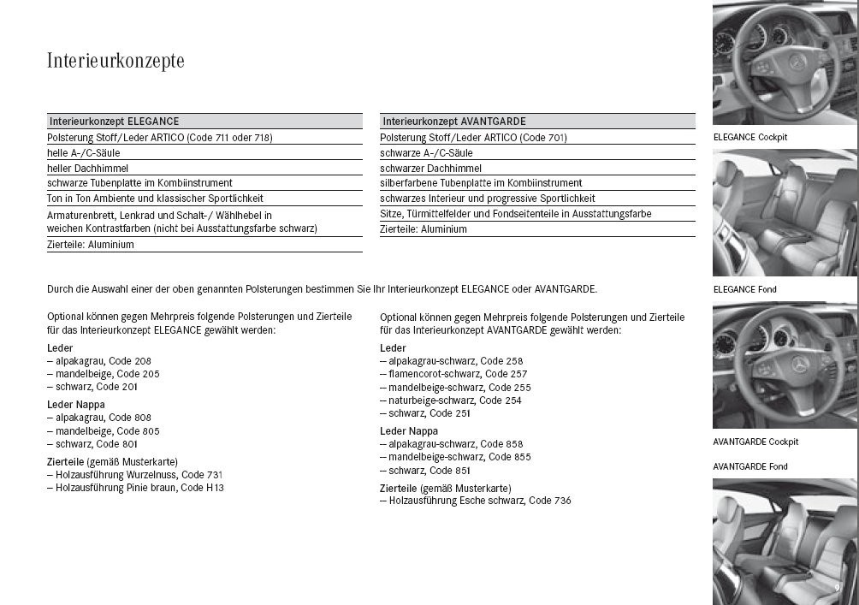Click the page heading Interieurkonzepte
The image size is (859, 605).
pos(116,62)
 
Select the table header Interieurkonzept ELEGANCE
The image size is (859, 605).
pos(114,122)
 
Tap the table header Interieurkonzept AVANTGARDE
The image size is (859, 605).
pos(453,122)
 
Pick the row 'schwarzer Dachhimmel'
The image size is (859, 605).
pos(430,169)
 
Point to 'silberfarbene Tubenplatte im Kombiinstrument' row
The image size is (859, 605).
pos(481,183)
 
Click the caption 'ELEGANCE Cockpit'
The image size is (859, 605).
pos(749,137)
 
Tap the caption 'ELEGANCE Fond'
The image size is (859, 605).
pos(744,289)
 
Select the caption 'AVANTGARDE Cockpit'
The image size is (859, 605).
pos(755,442)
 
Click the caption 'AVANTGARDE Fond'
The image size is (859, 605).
pos(750,466)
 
